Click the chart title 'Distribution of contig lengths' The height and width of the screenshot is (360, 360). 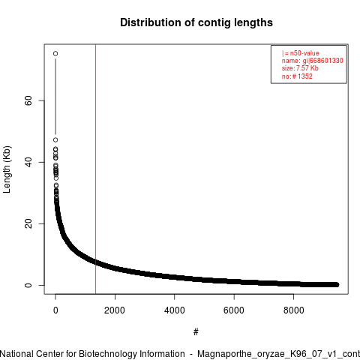tap(196, 22)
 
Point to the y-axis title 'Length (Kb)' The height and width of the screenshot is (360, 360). tap(7, 169)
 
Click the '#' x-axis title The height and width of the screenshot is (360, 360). tap(196, 332)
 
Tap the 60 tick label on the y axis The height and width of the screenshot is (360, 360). tap(28, 100)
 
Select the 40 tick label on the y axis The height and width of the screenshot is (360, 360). tap(28, 162)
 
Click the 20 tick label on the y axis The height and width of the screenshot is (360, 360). tap(28, 223)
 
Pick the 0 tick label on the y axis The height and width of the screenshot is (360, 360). tap(28, 285)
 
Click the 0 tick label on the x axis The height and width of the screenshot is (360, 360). tap(55, 310)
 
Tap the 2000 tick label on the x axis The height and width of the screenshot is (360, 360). tap(115, 310)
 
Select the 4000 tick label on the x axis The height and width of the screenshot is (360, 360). tap(174, 310)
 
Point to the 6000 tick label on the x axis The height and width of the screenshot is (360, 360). tap(234, 310)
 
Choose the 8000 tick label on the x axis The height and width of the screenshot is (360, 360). tap(293, 310)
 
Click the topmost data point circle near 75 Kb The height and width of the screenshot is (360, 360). tap(55, 53)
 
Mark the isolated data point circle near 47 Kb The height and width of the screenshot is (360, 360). tap(55, 139)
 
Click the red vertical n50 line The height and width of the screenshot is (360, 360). tap(96, 169)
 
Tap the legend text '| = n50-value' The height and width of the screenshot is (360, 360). tap(300, 53)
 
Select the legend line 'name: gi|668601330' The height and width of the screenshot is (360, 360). tap(313, 61)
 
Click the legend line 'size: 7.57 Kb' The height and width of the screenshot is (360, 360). tap(300, 68)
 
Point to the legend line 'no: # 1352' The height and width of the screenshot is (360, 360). tap(297, 76)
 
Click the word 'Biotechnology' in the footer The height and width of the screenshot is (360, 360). tap(107, 354)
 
